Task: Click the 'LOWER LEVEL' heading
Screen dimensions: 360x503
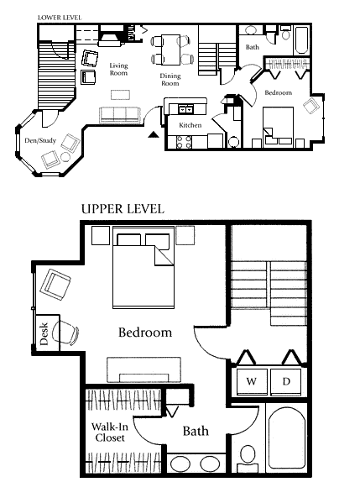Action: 60,18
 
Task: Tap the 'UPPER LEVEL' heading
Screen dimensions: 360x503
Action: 123,209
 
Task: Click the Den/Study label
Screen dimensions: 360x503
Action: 40,140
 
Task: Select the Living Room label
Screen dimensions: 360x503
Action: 118,70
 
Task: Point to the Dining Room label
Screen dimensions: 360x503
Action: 170,80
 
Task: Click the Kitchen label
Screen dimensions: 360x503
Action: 190,125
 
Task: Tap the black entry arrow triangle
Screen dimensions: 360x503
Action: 154,134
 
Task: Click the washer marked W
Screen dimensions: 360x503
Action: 252,381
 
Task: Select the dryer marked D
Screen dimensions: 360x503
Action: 286,381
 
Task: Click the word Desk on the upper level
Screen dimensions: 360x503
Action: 44,334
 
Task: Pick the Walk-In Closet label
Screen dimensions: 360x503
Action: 110,432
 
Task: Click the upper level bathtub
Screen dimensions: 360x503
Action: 286,438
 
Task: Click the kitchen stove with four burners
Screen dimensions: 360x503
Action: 184,142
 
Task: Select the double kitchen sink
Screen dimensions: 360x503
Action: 185,110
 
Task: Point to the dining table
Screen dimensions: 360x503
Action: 170,50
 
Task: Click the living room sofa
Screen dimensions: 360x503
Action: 120,115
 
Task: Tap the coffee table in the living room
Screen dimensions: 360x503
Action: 121,95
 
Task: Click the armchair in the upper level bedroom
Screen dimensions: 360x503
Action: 55,284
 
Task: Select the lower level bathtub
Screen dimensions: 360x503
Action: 301,40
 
